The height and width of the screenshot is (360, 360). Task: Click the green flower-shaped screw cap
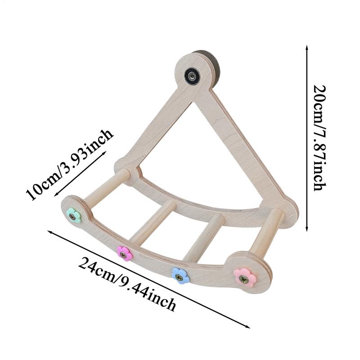[73, 216]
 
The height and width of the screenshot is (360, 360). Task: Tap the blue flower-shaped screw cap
[180, 275]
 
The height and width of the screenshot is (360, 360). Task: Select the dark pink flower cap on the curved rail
[125, 253]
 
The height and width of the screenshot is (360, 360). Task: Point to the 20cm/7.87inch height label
[319, 137]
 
